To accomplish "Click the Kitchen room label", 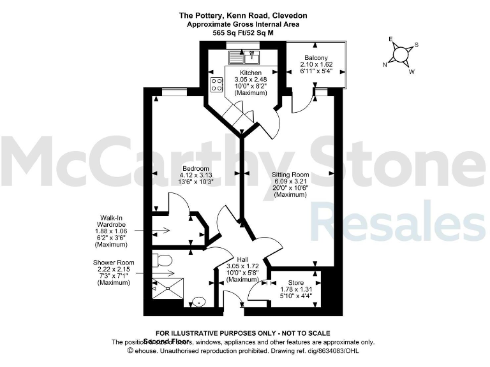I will (246, 73).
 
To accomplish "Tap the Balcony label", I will (316, 58).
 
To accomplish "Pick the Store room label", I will (296, 282).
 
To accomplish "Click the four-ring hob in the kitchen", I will (216, 84).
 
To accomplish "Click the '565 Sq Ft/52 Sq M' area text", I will (243, 32).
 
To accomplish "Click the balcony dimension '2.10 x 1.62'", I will (316, 64).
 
